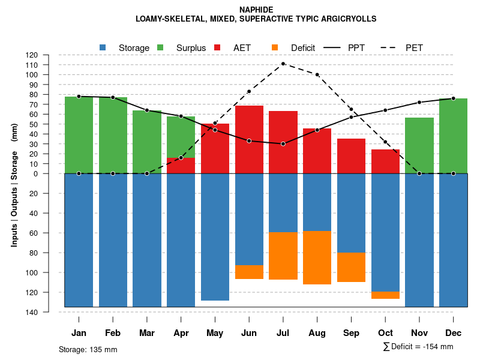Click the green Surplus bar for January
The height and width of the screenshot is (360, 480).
point(79,135)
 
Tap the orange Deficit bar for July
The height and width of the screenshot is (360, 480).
point(283,256)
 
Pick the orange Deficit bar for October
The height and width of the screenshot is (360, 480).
point(385,295)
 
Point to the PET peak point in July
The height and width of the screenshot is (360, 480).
point(283,64)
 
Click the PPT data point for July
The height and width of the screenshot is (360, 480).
point(283,144)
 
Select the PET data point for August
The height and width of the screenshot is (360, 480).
point(317,74)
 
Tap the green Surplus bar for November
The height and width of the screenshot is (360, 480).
point(419,145)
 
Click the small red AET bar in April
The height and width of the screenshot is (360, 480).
point(181,166)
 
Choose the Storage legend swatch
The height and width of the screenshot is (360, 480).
point(103,47)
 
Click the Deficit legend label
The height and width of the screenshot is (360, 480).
point(304,47)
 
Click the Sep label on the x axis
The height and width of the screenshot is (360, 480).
point(351,333)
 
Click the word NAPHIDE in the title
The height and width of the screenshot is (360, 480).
point(256,10)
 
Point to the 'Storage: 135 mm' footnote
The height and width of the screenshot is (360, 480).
point(88,349)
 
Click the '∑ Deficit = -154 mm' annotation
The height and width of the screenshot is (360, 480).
point(418,347)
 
